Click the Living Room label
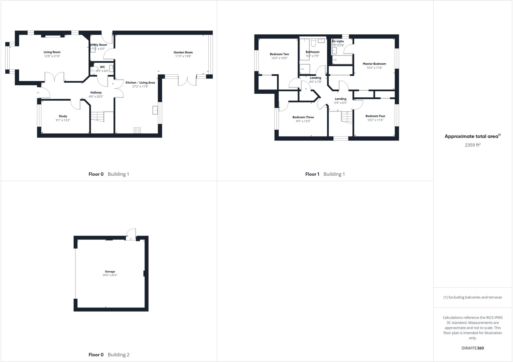pyautogui.click(x=52, y=52)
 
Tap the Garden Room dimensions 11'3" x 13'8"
pyautogui.click(x=183, y=56)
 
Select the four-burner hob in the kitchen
pyautogui.click(x=137, y=130)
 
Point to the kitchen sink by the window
pyautogui.click(x=155, y=110)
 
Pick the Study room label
pyautogui.click(x=63, y=116)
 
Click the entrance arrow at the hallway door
pyautogui.click(x=38, y=93)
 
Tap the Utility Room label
pyautogui.click(x=99, y=45)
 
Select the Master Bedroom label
pyautogui.click(x=374, y=64)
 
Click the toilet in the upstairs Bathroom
pyautogui.click(x=313, y=44)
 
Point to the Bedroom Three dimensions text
pyautogui.click(x=303, y=121)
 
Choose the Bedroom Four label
pyautogui.click(x=375, y=116)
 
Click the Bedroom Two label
pyautogui.click(x=279, y=54)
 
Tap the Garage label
pyautogui.click(x=110, y=271)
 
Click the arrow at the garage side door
pyautogui.click(x=131, y=239)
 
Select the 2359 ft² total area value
pyautogui.click(x=472, y=145)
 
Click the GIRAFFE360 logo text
pyautogui.click(x=472, y=348)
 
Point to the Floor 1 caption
pyautogui.click(x=312, y=174)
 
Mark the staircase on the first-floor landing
pyautogui.click(x=347, y=117)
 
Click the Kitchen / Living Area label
pyautogui.click(x=140, y=83)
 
